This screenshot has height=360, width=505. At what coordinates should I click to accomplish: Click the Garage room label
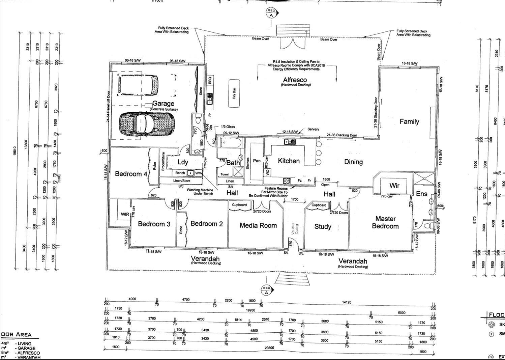tap(163, 104)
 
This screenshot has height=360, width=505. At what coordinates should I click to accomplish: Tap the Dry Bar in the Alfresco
tap(234, 93)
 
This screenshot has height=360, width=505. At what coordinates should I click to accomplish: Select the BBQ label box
tap(210, 80)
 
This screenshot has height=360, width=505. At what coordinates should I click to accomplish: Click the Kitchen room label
tap(289, 161)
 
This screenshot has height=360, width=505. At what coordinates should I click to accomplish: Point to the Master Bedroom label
tap(385, 222)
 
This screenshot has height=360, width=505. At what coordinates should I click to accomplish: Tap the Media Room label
tap(258, 225)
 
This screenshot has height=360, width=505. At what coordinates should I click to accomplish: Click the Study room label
tap(323, 226)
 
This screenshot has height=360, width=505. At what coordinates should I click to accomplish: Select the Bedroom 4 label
tap(131, 174)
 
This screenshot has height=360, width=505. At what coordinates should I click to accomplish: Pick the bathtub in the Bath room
tap(231, 143)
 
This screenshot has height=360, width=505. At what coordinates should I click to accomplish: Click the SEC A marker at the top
tap(271, 12)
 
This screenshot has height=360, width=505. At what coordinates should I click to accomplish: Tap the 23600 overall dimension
tap(269, 348)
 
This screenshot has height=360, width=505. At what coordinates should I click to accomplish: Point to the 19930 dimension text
tap(250, 310)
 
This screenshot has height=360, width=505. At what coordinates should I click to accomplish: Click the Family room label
tap(409, 121)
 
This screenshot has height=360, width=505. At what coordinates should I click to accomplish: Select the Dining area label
tap(353, 162)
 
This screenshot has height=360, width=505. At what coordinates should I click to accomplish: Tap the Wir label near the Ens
tap(394, 185)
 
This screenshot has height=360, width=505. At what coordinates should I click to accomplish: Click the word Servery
tap(313, 129)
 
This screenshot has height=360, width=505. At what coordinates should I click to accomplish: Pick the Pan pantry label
tap(257, 161)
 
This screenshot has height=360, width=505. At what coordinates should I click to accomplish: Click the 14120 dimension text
tap(347, 302)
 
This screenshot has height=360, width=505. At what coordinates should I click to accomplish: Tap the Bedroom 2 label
tap(206, 224)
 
